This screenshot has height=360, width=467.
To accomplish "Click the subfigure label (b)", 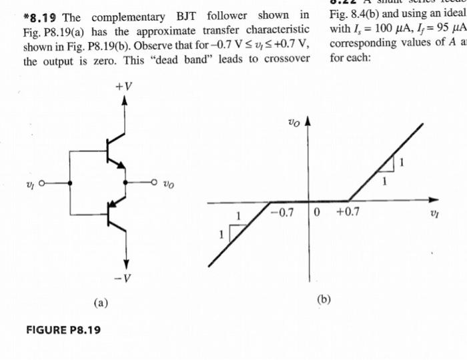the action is point(324,299).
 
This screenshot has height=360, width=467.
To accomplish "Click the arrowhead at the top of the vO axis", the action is point(308,124).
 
